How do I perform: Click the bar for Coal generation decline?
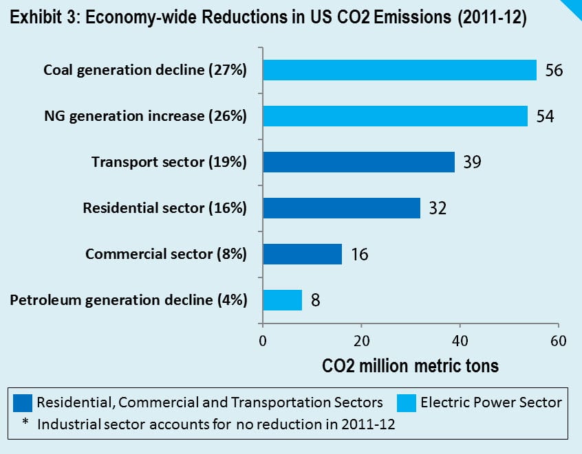(x=399, y=70)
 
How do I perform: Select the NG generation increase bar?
(x=395, y=116)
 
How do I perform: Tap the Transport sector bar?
(x=358, y=162)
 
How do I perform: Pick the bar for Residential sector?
(x=341, y=208)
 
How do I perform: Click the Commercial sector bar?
(x=301, y=254)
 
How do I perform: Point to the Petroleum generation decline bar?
(x=282, y=300)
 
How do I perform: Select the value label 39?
(x=471, y=162)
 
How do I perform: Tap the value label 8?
(x=315, y=300)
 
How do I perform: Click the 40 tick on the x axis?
(x=460, y=341)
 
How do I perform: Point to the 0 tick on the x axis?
(x=262, y=341)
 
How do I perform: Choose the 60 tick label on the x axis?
(x=558, y=341)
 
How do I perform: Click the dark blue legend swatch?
(x=23, y=402)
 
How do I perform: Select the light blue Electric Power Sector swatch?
(x=406, y=402)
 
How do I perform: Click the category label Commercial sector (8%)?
(x=166, y=254)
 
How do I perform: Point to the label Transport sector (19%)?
(x=169, y=162)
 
